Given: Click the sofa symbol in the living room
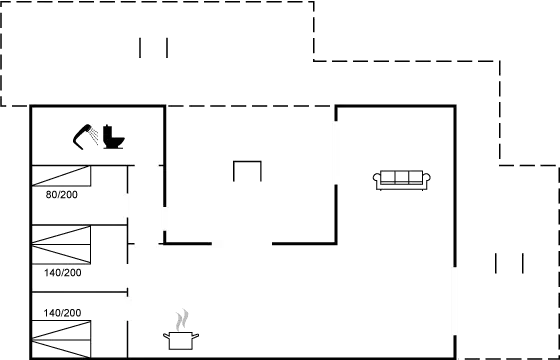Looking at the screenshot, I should (403, 179).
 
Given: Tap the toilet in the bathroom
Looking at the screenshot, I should (112, 137).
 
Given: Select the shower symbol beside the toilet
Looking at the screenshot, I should (85, 136).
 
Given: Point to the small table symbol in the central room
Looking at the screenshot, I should (247, 171).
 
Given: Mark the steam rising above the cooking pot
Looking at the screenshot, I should (180, 320).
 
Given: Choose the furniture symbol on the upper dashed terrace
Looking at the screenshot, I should (153, 47).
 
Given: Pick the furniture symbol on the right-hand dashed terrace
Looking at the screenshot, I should (510, 264).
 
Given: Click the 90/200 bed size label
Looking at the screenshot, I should (61, 195).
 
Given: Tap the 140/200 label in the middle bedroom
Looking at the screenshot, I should (62, 271).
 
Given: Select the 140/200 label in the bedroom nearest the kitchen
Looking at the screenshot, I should (62, 313).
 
